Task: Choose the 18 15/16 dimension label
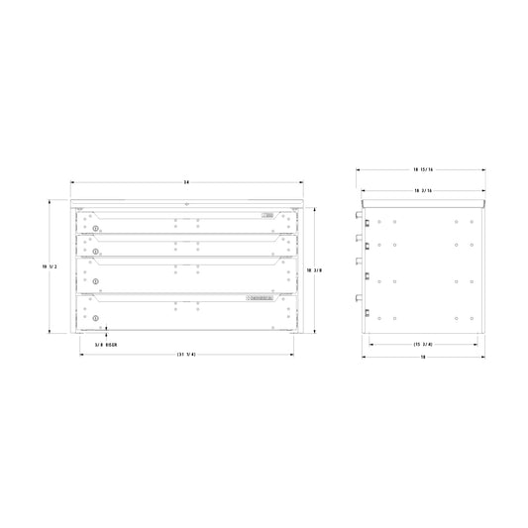coord(423,169)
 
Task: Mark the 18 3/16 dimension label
coord(423,188)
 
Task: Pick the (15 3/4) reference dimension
coord(423,344)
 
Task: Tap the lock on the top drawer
coord(95,231)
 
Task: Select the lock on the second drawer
coord(95,255)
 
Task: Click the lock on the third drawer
coord(95,282)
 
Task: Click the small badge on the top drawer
coord(265,215)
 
